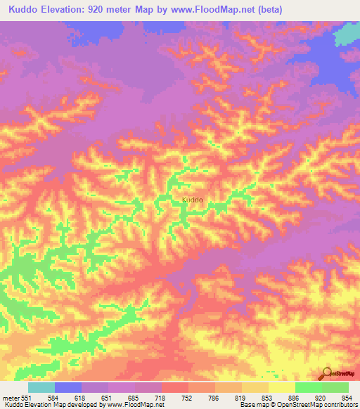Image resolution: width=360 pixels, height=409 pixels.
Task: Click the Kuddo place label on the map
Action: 193,200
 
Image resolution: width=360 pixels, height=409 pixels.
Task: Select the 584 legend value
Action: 54,397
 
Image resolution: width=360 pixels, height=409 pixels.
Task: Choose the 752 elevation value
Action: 188,397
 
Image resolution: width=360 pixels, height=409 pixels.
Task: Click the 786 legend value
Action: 214,397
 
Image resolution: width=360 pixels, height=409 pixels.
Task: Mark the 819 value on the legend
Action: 241,397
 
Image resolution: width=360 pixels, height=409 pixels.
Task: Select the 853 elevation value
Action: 268,397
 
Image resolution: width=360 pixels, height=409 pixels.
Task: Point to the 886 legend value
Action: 295,397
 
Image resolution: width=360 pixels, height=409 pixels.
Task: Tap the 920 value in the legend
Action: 321,397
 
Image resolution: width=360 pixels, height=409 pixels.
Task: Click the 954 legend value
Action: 348,397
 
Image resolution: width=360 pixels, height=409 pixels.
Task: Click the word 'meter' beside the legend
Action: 11,397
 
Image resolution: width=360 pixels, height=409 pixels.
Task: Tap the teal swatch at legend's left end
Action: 41,387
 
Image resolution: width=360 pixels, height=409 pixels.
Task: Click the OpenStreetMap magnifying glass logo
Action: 326,372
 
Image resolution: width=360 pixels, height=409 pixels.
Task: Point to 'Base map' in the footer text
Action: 252,405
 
